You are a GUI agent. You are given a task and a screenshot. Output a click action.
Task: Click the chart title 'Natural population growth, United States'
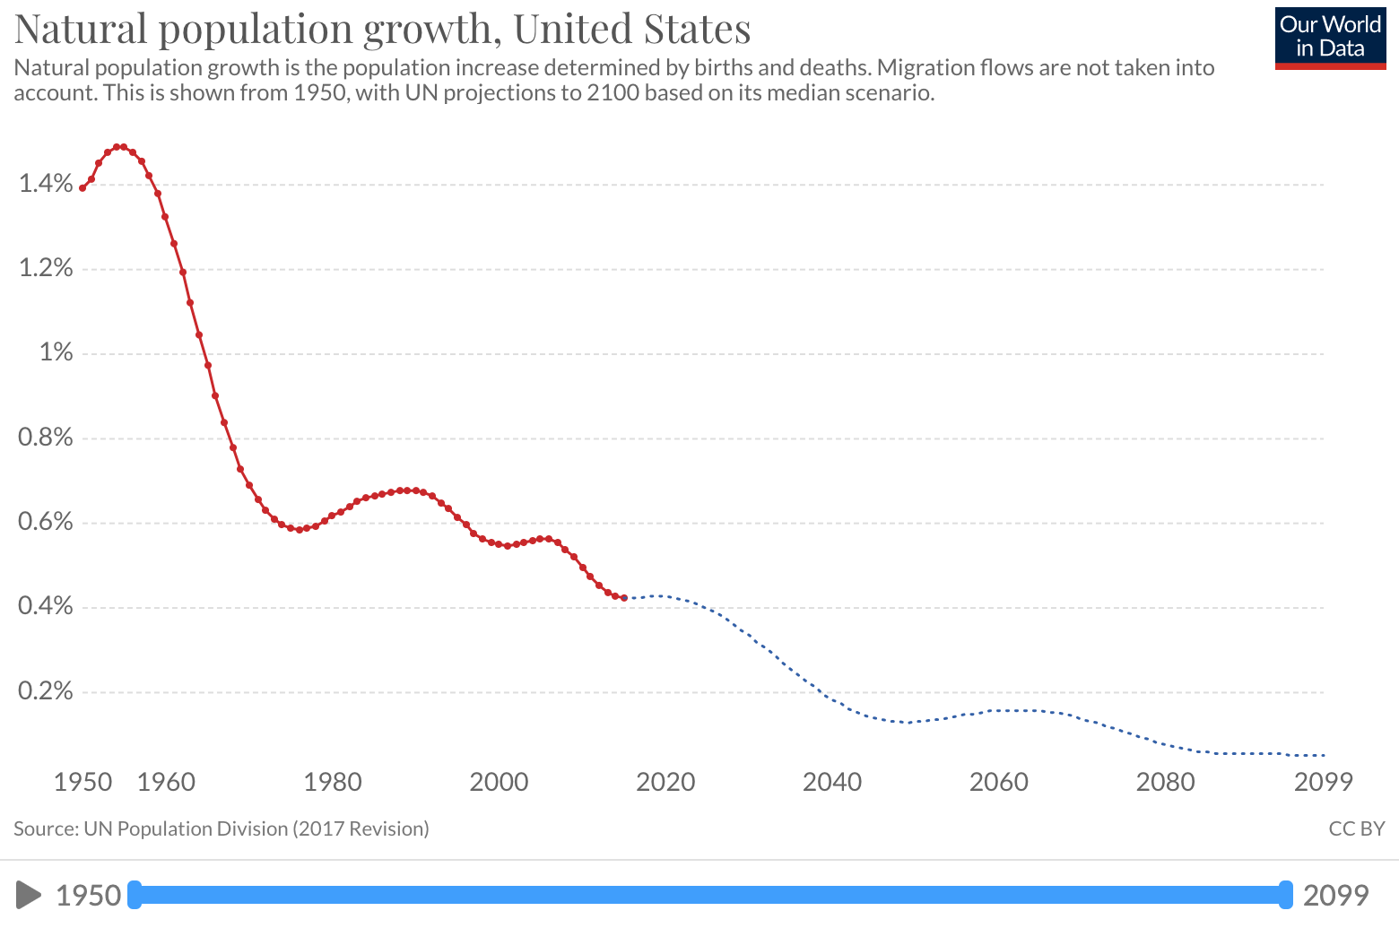[382, 29]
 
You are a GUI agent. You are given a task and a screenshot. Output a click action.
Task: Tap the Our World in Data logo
[1330, 38]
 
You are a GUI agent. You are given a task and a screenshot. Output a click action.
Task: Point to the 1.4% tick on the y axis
[45, 184]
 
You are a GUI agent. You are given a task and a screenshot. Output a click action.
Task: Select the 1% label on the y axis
[56, 352]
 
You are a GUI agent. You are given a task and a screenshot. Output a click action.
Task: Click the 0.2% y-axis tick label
[45, 690]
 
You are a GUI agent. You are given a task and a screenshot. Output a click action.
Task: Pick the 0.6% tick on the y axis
[45, 522]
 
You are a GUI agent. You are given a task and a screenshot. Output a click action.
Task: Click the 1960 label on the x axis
[166, 782]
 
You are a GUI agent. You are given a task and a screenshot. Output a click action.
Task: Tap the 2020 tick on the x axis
[665, 782]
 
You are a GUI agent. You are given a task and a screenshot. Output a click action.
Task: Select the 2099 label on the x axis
[1323, 782]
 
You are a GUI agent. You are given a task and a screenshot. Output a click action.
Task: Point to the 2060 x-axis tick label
[998, 782]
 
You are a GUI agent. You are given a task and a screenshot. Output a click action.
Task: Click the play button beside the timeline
[29, 895]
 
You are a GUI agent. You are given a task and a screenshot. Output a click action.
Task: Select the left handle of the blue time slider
[135, 895]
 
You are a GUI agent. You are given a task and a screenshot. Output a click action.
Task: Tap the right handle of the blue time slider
[1286, 895]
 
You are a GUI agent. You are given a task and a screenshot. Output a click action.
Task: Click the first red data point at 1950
[83, 188]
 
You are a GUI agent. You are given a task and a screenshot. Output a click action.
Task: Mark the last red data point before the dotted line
[624, 598]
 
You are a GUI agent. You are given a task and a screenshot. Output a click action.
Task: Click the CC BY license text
[1356, 828]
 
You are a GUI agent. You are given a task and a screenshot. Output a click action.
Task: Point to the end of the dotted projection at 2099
[1323, 756]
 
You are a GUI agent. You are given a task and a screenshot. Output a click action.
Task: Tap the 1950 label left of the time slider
[88, 895]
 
